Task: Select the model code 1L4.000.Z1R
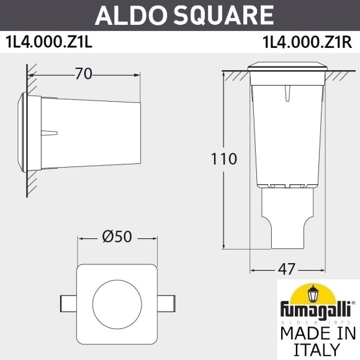308,44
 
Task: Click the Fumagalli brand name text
317,308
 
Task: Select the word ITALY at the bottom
317,350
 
